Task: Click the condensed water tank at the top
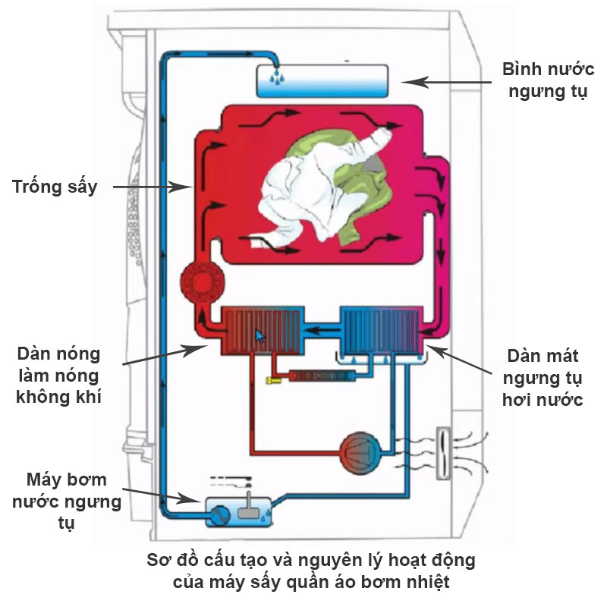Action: [323, 80]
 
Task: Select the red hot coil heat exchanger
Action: [263, 331]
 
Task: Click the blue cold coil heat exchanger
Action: [379, 331]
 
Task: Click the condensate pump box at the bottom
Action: [237, 511]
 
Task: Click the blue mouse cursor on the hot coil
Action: [260, 335]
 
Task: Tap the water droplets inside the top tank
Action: [278, 77]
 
